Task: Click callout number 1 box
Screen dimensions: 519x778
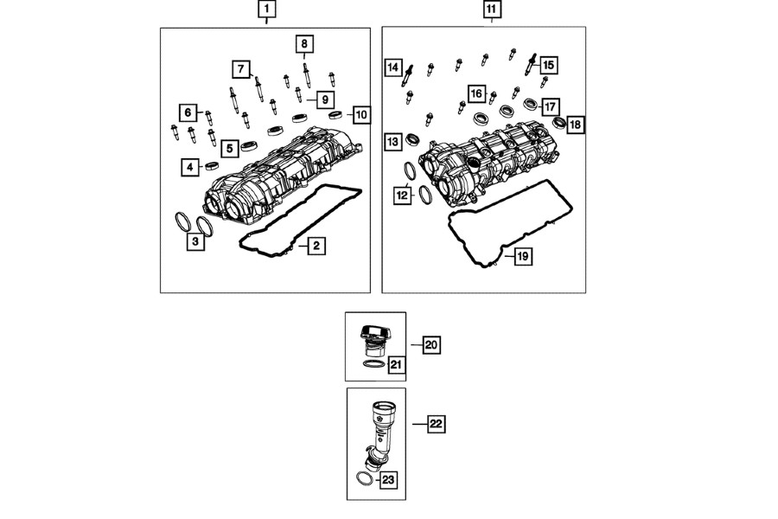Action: [x=267, y=10]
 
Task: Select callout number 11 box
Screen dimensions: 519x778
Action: [x=491, y=10]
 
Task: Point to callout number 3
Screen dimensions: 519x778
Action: [x=196, y=242]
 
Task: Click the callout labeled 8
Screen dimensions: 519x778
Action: [x=304, y=43]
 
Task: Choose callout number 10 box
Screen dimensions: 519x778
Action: [x=360, y=114]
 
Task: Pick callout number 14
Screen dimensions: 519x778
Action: [x=393, y=67]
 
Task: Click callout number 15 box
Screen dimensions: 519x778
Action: [x=549, y=64]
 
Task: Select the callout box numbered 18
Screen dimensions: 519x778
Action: [x=575, y=125]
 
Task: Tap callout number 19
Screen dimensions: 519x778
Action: [x=522, y=256]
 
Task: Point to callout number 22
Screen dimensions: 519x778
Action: [x=436, y=424]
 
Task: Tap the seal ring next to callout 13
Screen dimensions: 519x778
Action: [x=412, y=138]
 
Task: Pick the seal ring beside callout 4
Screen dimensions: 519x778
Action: [x=213, y=164]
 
